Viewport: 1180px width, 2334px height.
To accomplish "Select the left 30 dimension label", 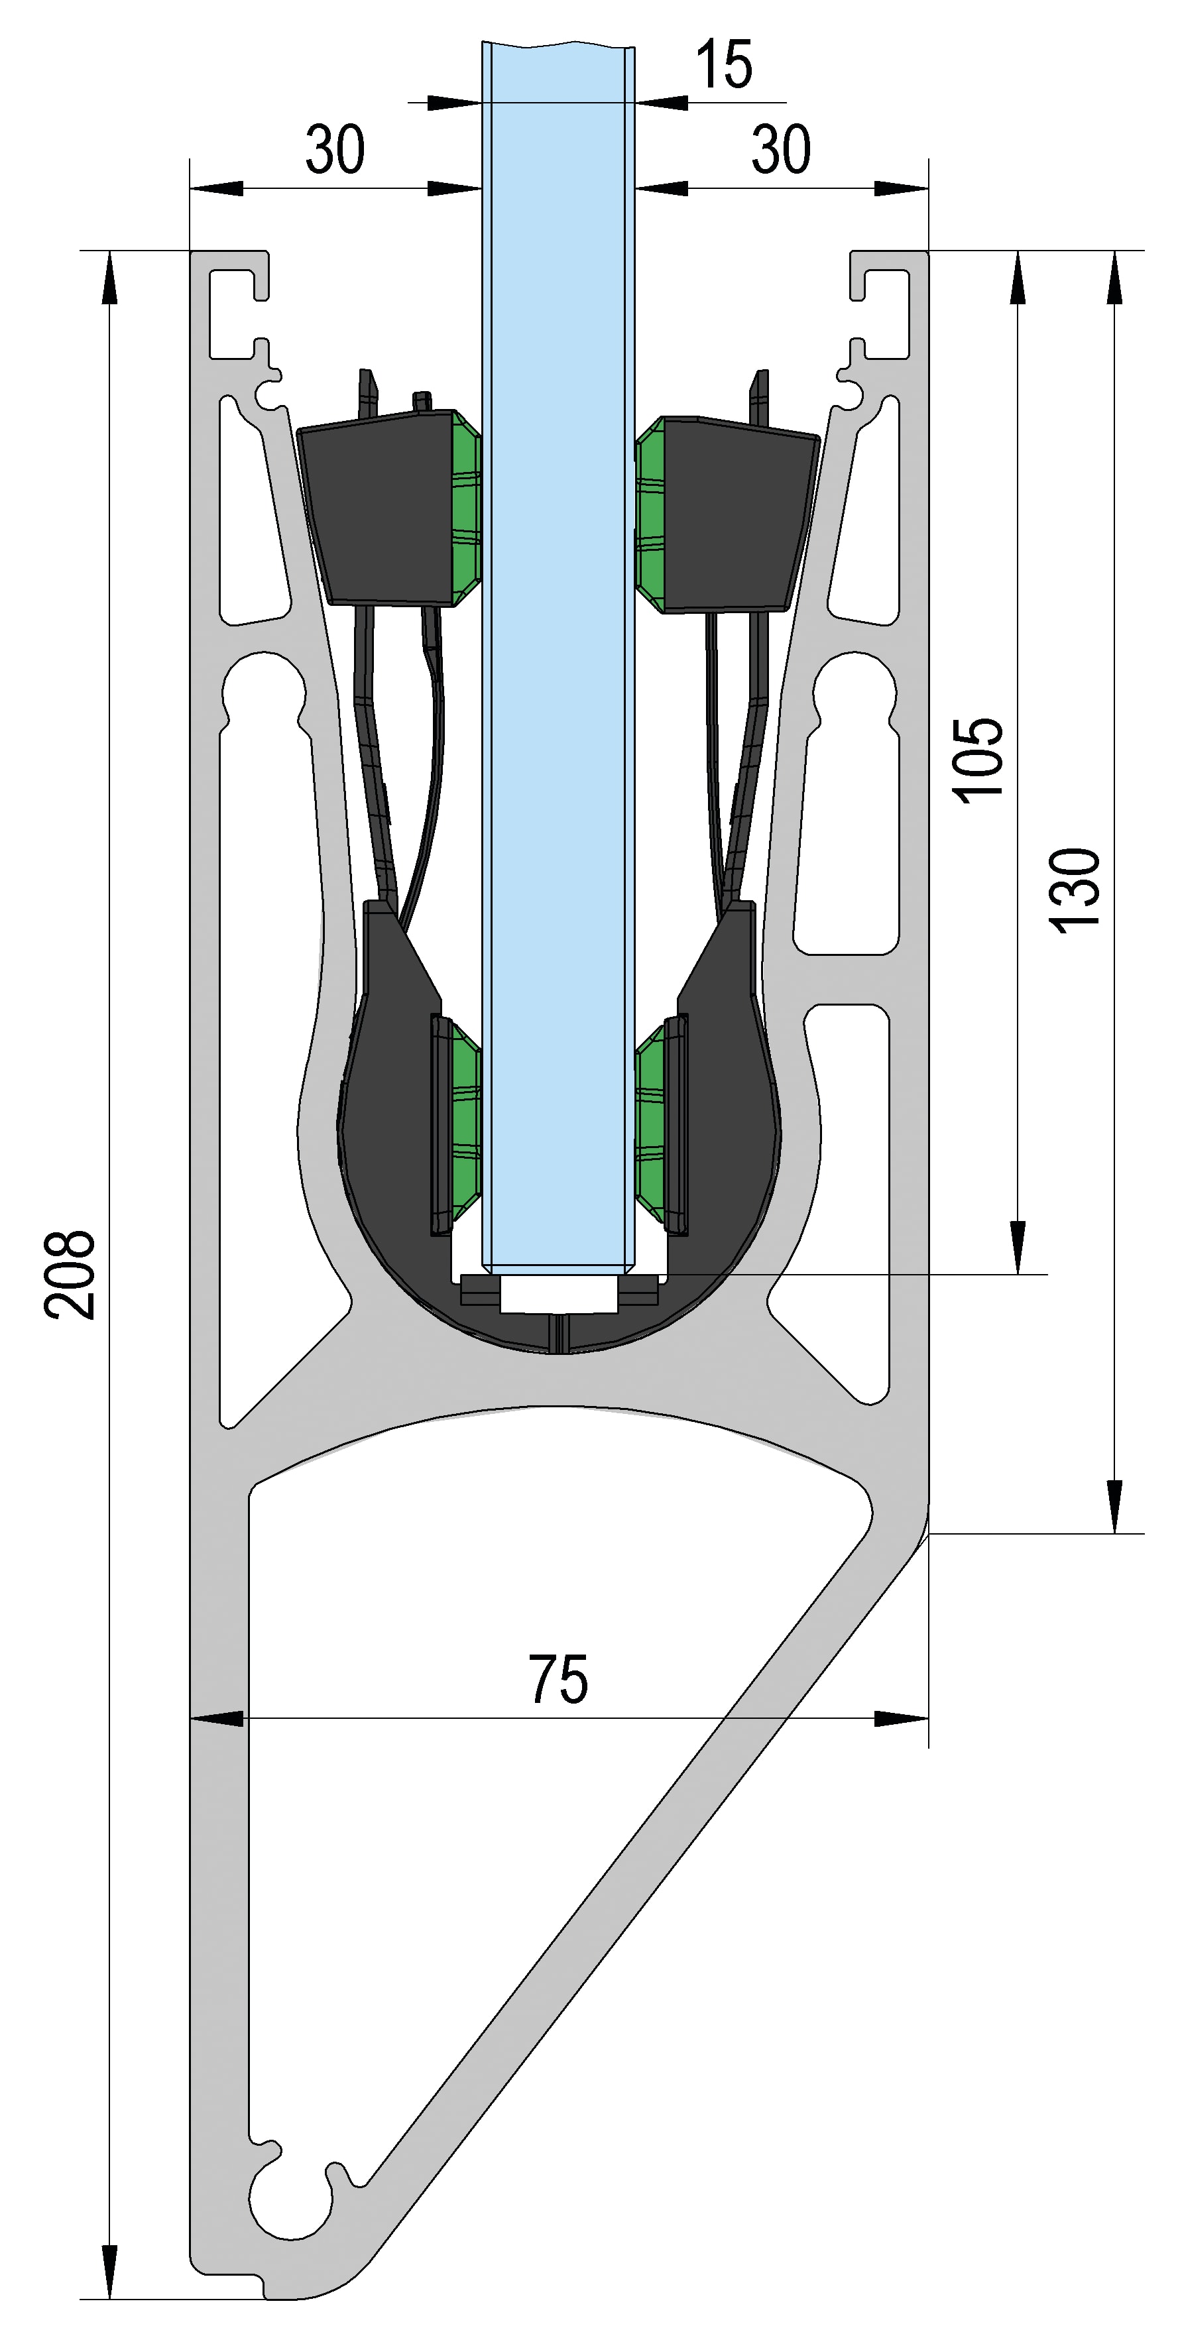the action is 335,150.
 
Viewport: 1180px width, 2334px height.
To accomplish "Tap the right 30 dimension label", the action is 780,150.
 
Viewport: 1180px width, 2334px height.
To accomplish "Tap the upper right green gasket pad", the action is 652,513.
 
